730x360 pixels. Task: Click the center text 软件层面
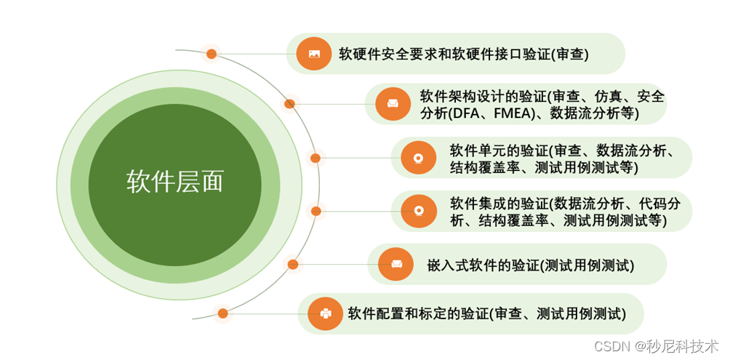pyautogui.click(x=175, y=181)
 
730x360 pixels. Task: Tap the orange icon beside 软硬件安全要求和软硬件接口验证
pyautogui.click(x=314, y=53)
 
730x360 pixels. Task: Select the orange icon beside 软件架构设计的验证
pyautogui.click(x=393, y=104)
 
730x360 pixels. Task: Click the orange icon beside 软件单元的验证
pyautogui.click(x=418, y=157)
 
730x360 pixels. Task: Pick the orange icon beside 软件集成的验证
pyautogui.click(x=418, y=211)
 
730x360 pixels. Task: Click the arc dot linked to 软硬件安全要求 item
pyautogui.click(x=212, y=54)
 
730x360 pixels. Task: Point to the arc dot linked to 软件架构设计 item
pyautogui.click(x=290, y=104)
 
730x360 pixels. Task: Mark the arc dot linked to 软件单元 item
pyautogui.click(x=316, y=158)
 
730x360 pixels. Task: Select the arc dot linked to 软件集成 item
pyautogui.click(x=316, y=211)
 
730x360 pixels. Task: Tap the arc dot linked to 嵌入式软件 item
pyautogui.click(x=292, y=264)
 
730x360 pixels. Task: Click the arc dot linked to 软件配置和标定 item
pyautogui.click(x=222, y=313)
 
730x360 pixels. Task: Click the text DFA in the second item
pyautogui.click(x=464, y=113)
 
